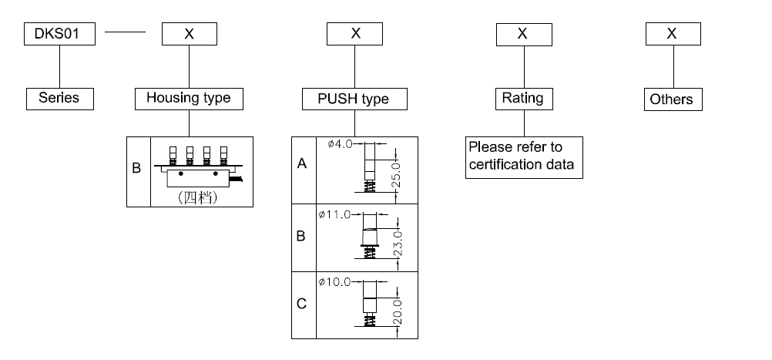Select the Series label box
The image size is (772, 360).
[59, 99]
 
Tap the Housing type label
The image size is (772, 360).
[189, 99]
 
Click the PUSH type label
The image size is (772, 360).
[354, 99]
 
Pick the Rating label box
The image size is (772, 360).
[522, 98]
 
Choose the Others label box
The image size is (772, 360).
[671, 99]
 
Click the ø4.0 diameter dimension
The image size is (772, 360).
[340, 144]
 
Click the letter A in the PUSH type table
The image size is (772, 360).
[303, 164]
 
